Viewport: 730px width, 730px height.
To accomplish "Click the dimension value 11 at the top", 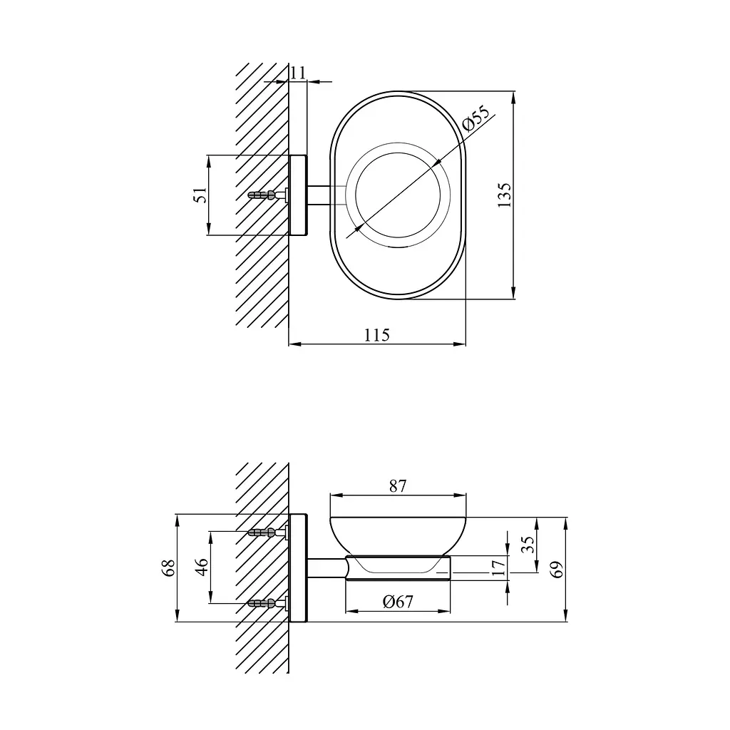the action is (x=298, y=73).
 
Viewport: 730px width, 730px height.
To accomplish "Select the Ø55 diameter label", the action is (x=475, y=119).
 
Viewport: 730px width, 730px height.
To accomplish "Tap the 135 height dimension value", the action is (x=504, y=195).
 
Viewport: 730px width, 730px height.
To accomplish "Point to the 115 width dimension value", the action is (x=376, y=335).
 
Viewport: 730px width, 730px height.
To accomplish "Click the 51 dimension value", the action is (x=200, y=195).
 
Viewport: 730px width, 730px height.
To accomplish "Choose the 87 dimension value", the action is (x=398, y=486).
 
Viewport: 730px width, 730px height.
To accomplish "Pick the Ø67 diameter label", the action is (x=398, y=602).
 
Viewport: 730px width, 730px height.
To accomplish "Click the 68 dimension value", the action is (x=168, y=567).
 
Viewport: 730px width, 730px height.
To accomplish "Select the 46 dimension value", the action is (x=201, y=567).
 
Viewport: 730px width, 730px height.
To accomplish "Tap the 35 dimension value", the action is (x=528, y=544).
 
